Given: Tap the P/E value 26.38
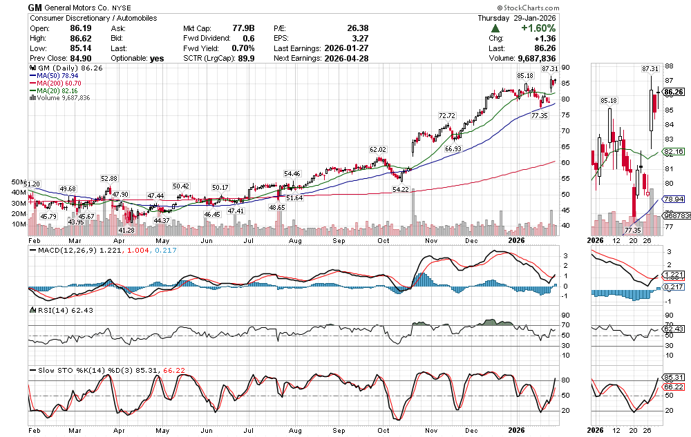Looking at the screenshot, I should [357, 28].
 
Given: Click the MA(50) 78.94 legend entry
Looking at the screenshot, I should [57, 75].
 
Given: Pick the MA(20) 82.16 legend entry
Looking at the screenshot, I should [57, 90].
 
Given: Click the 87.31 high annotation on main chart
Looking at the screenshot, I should [550, 69].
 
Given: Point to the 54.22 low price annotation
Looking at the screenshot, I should [401, 188].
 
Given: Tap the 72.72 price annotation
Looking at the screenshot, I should [447, 115].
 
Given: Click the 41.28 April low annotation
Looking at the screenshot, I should [126, 230].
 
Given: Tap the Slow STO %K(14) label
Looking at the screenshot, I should [62, 370].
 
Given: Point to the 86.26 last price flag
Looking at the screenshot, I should [673, 92].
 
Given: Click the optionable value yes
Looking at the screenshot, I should [157, 59].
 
